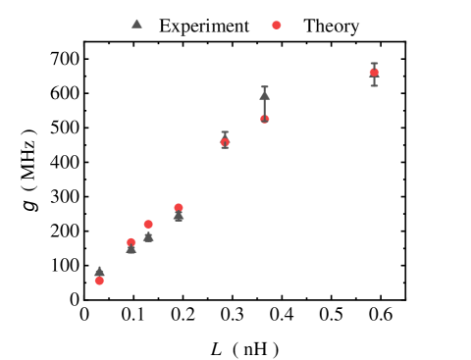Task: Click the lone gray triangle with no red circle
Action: click(136, 24)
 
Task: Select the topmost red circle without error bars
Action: click(277, 26)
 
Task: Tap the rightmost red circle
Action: click(374, 72)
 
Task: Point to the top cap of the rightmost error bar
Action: click(374, 63)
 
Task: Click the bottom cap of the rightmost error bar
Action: click(374, 85)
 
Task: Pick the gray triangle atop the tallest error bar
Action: click(264, 95)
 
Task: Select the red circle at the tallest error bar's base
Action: click(265, 119)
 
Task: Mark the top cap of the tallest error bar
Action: click(264, 86)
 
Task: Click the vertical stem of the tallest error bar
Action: click(264, 107)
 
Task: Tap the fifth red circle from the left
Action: click(225, 143)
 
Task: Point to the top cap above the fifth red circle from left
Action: click(225, 132)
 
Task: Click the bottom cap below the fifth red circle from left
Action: click(225, 148)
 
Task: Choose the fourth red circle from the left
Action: click(179, 208)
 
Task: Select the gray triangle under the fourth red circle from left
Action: click(179, 217)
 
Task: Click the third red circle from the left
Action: click(148, 225)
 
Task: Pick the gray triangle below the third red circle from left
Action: click(148, 237)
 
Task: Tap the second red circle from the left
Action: click(131, 242)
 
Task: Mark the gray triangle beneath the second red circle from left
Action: click(131, 249)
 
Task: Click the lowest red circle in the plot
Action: click(99, 281)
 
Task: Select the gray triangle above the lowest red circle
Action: click(99, 272)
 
